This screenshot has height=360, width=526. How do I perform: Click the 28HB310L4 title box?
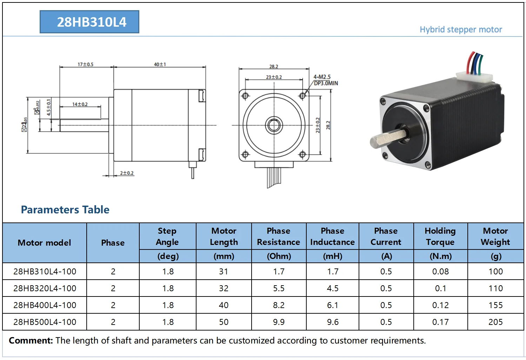point(89,22)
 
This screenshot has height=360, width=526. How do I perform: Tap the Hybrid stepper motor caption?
point(460,29)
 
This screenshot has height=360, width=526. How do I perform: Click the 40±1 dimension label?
point(160,64)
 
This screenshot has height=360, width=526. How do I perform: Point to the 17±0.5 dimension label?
point(85,64)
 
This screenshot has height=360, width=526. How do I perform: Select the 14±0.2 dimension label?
point(80,104)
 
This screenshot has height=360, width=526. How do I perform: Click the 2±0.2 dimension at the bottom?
point(127,173)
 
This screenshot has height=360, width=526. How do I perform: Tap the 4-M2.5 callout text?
point(322,77)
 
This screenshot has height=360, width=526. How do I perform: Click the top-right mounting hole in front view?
point(302,95)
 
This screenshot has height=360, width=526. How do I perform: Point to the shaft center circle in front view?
point(274,125)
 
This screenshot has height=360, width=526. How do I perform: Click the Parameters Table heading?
point(65,209)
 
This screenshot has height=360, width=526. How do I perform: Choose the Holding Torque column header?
point(440,236)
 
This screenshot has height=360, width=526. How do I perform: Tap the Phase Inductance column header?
point(332,236)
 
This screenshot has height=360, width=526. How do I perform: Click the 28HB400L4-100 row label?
point(45,305)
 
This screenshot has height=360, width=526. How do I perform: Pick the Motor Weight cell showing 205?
point(495,322)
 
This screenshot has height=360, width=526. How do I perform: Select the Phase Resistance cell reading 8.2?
point(279,305)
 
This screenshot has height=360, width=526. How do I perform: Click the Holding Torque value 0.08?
point(440,272)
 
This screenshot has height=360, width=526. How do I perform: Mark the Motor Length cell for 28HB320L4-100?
point(224,288)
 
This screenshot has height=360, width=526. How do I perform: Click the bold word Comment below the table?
point(31,340)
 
